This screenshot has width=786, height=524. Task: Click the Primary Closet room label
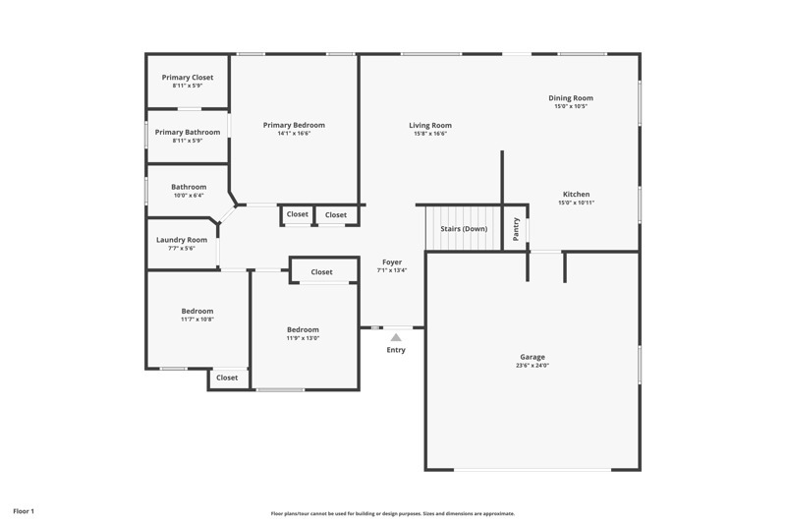(188, 78)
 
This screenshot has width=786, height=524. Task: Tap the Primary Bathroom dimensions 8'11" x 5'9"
(188, 141)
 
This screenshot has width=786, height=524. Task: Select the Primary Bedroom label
(294, 125)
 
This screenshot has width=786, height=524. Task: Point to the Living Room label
(430, 125)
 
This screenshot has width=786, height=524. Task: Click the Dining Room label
(571, 98)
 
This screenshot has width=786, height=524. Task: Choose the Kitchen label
(577, 194)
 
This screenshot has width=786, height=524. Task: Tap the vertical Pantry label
(516, 229)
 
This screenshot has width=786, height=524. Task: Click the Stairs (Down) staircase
(463, 229)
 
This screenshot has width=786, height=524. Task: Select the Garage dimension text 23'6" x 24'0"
(533, 366)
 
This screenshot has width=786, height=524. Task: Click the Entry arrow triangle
(396, 337)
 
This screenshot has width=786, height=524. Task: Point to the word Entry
(396, 350)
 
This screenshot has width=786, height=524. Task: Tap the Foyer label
(392, 262)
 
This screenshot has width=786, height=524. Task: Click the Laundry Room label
(182, 240)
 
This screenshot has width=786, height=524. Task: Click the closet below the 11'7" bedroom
(227, 378)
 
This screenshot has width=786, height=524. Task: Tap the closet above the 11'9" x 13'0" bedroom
(321, 272)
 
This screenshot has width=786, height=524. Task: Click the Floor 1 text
(24, 511)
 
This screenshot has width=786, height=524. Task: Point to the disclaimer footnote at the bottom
(393, 513)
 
